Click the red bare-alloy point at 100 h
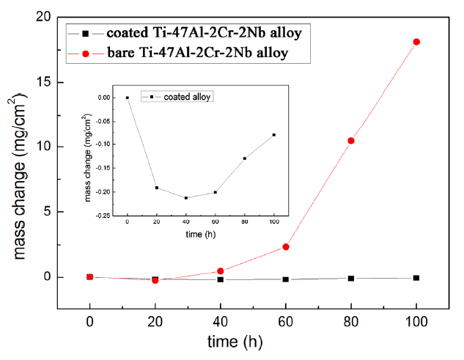pos(416,42)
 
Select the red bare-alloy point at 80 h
pos(351,141)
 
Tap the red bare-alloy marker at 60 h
pos(286,247)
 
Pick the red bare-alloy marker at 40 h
pos(220,271)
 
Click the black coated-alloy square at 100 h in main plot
pos(416,278)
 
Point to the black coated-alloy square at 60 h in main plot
pos(286,279)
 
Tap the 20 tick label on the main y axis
pos(44,16)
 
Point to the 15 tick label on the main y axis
pos(44,81)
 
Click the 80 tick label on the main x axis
pos(351,320)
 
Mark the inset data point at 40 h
pos(186,198)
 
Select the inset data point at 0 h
pos(128,98)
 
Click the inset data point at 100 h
pos(274,135)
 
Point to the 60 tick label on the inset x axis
pos(216,224)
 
